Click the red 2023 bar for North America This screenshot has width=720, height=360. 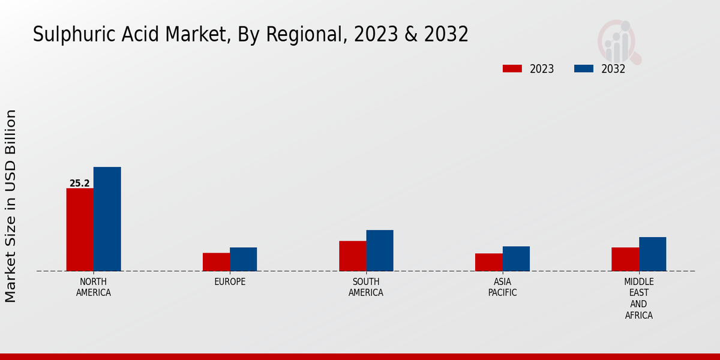pos(80,230)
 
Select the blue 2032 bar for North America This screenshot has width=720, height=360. pos(107,219)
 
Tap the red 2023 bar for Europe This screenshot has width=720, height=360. pos(216,262)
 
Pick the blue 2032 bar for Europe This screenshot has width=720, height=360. pos(243,259)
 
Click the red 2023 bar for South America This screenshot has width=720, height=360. pos(352,256)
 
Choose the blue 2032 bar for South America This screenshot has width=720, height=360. pos(380,250)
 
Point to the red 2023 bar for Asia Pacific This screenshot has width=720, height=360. pos(489,262)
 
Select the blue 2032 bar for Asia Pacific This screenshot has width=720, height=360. pos(516,259)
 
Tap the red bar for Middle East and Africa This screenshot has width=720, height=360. pos(625,259)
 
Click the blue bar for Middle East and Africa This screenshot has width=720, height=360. pos(652,254)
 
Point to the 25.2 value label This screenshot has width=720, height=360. pos(80,184)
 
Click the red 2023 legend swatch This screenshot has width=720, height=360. pos(512,68)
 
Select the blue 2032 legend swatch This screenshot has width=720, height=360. pos(584,68)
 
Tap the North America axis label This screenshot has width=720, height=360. pos(94,287)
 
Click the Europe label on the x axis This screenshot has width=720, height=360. pos(230,282)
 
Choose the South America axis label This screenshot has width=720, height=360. pos(366,287)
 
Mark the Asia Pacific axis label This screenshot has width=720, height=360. pos(503,287)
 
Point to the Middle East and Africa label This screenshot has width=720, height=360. pos(639,298)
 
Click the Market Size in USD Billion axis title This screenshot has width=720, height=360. pos(11,206)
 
